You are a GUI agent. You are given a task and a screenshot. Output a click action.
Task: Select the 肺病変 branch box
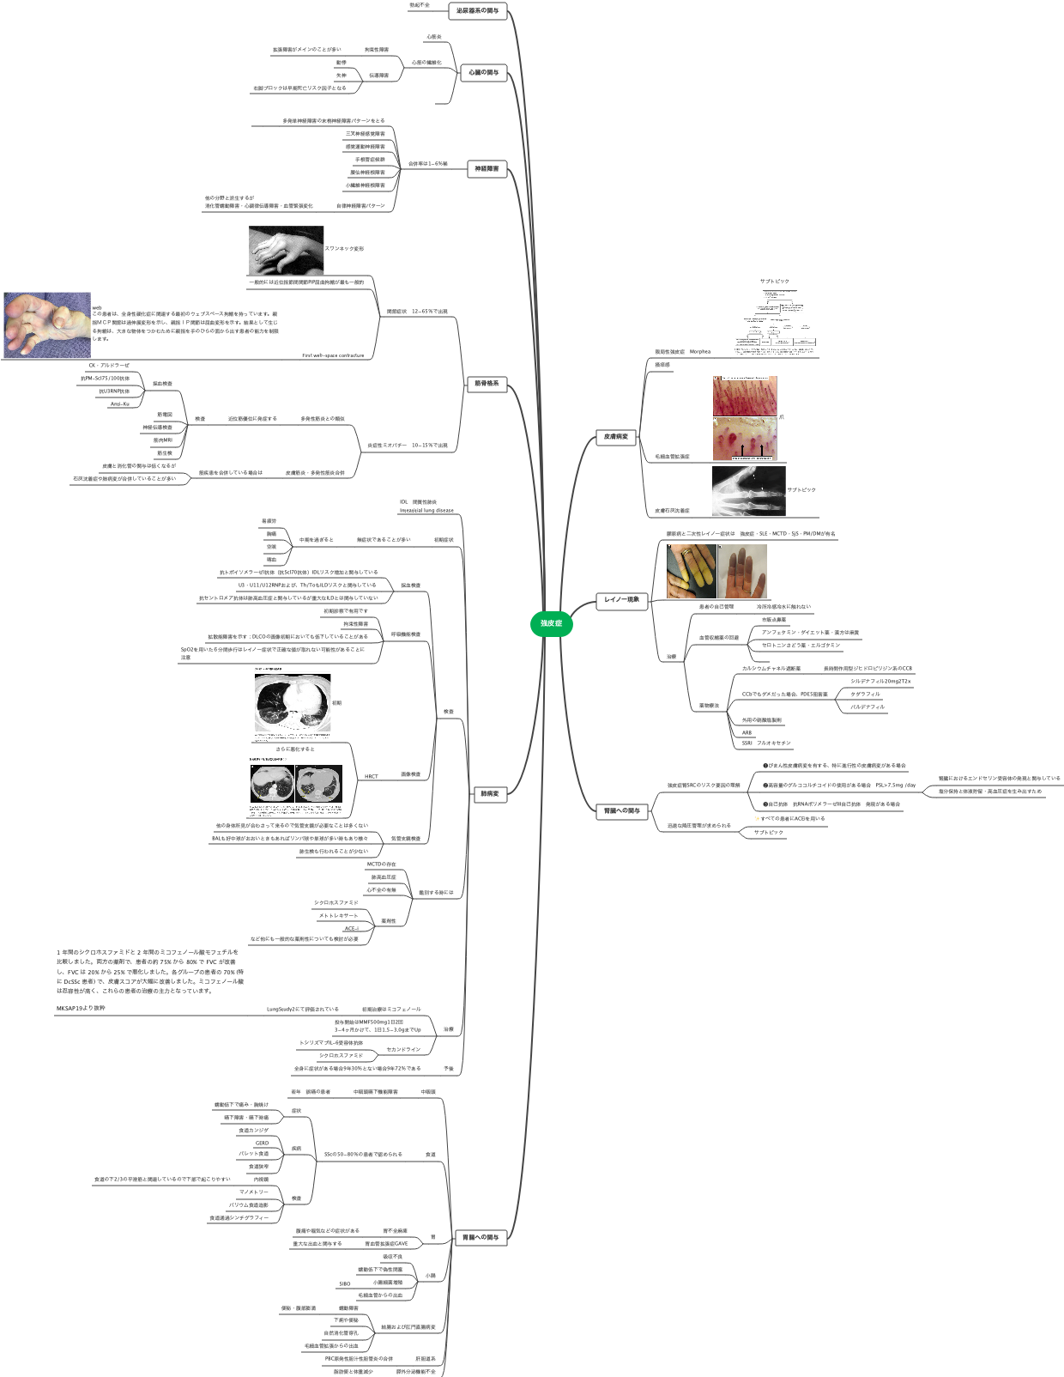coord(489,794)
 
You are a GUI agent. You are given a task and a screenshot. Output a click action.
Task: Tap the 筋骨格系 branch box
coord(486,383)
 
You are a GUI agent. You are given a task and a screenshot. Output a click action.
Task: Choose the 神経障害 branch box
coord(486,169)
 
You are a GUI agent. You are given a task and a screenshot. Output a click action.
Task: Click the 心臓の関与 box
coord(483,73)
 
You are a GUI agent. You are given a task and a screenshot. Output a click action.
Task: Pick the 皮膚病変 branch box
coord(615,437)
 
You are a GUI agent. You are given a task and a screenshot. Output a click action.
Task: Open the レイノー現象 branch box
coord(621,599)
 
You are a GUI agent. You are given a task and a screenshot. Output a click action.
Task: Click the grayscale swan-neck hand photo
coord(286,250)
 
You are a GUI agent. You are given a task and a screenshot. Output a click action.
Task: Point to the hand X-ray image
coord(748,490)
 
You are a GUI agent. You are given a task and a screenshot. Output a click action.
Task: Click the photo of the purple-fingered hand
coord(742,572)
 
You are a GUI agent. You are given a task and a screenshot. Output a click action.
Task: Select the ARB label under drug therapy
coord(747,732)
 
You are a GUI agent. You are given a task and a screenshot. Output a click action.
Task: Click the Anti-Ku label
coord(120,403)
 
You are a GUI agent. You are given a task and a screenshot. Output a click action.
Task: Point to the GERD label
coord(262,1143)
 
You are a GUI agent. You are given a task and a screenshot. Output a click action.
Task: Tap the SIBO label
coord(344,1283)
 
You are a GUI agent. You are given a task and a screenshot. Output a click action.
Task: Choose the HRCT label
coord(371,776)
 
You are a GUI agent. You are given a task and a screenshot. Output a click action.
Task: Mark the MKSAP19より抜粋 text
coord(81,1008)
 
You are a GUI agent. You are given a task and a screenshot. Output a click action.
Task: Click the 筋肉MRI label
coord(163,440)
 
